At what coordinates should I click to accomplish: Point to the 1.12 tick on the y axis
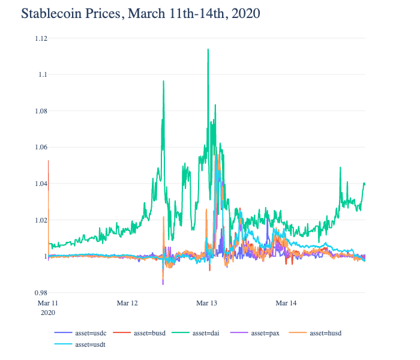pos(40,38)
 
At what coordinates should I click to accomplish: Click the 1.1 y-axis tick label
pos(43,74)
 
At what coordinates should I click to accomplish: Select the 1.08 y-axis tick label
pos(40,111)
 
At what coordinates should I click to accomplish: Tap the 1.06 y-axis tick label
pos(40,147)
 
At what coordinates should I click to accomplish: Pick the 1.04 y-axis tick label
pos(40,184)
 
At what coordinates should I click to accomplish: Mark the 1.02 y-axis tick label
pos(40,220)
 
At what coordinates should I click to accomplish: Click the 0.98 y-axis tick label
pos(40,293)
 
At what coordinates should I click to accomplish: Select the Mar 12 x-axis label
pos(127,304)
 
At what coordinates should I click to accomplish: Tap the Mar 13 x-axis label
pos(206,304)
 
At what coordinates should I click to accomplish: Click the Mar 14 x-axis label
pos(286,304)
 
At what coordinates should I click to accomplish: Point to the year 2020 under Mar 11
pos(47,313)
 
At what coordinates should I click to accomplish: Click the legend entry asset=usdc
pos(88,332)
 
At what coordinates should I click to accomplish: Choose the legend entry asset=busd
pos(147,332)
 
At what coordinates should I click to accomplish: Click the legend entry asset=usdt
pos(88,344)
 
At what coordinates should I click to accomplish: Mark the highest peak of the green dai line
pos(208,49)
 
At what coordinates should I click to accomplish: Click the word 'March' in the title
pos(145,13)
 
